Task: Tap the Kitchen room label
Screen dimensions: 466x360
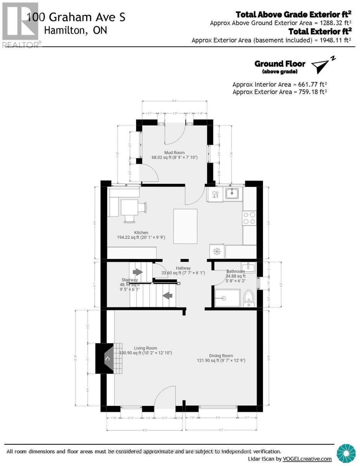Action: [x=141, y=233]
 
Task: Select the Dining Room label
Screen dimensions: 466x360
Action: [x=221, y=355]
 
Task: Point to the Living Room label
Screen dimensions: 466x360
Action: [x=145, y=348]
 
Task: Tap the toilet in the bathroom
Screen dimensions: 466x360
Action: [x=249, y=299]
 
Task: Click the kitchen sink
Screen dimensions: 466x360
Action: [x=233, y=193]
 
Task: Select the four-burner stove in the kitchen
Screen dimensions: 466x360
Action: [x=249, y=218]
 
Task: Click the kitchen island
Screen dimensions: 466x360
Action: [x=185, y=226]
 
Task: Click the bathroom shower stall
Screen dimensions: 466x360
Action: [x=227, y=298]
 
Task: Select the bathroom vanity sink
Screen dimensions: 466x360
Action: [x=248, y=268]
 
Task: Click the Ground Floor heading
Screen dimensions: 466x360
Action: [x=280, y=64]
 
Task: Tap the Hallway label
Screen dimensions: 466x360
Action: [x=183, y=268]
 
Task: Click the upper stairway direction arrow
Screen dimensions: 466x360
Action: [x=138, y=273]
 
